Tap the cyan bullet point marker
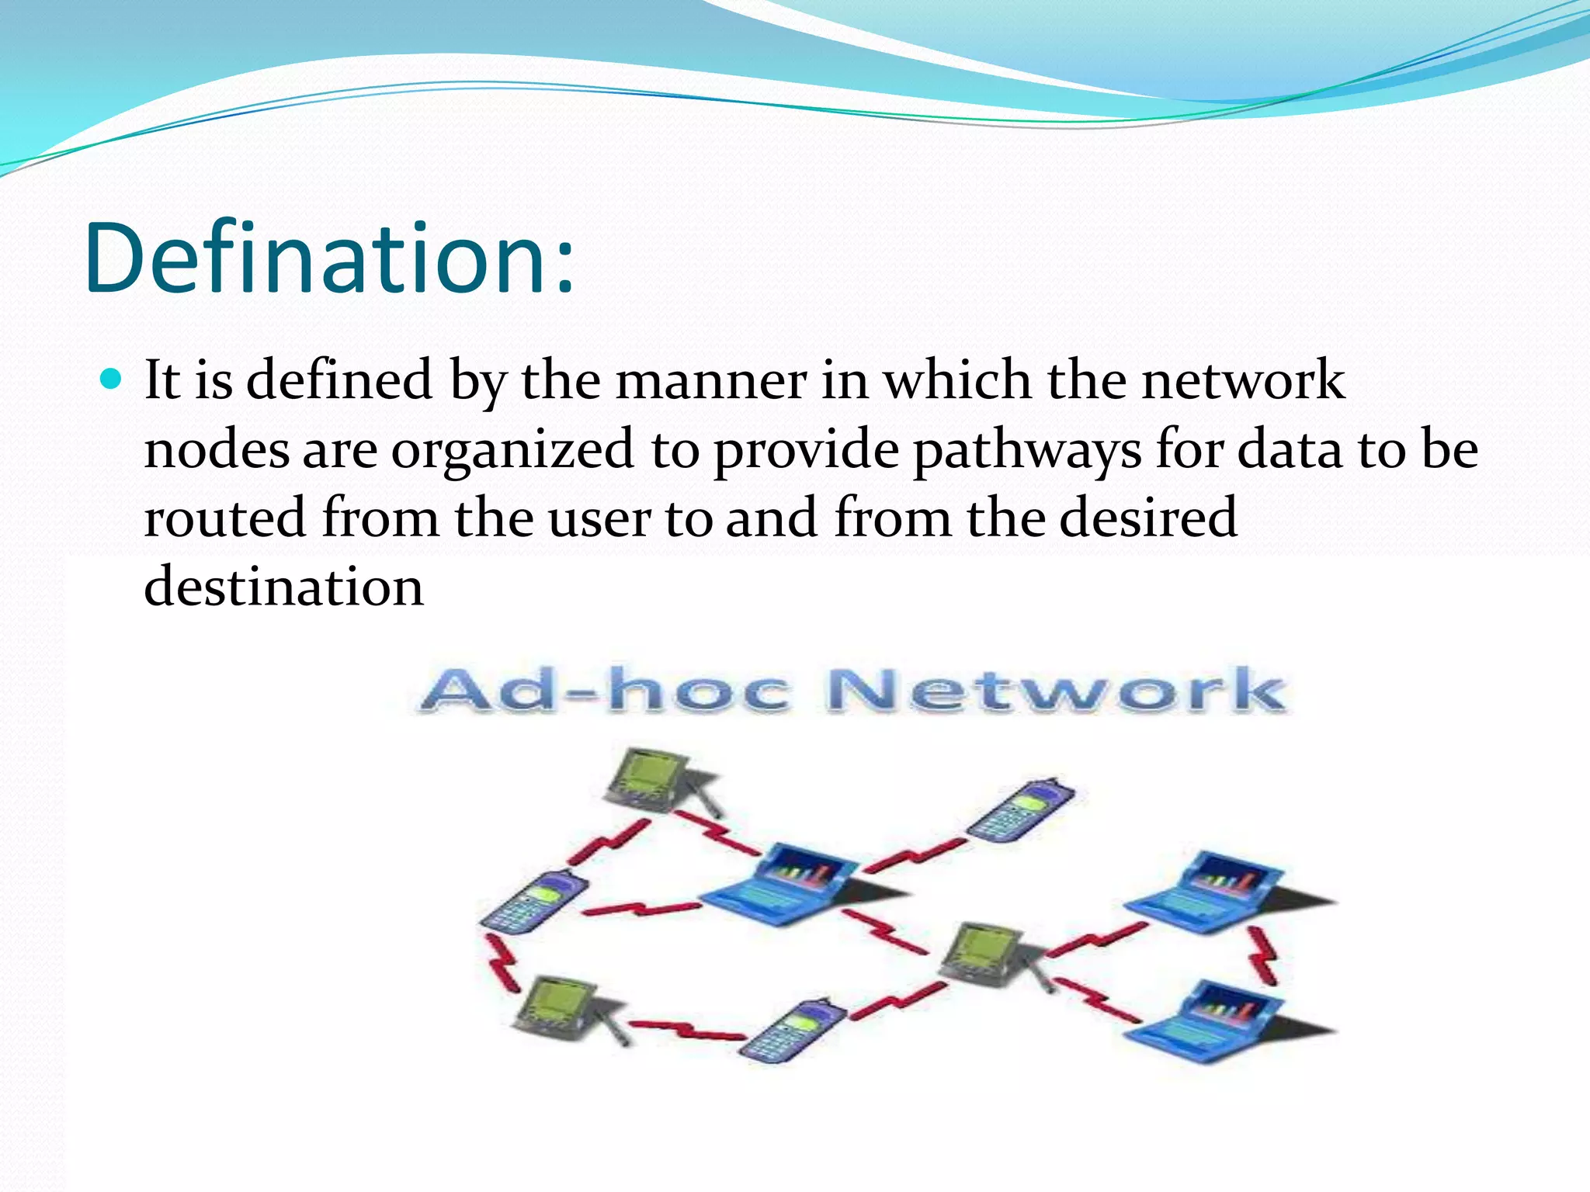tap(112, 379)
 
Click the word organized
tap(512, 449)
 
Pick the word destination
tap(283, 587)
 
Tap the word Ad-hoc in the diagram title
tap(606, 690)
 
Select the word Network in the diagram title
tap(1056, 690)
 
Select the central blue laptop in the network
tap(784, 885)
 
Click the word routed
tap(224, 518)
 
